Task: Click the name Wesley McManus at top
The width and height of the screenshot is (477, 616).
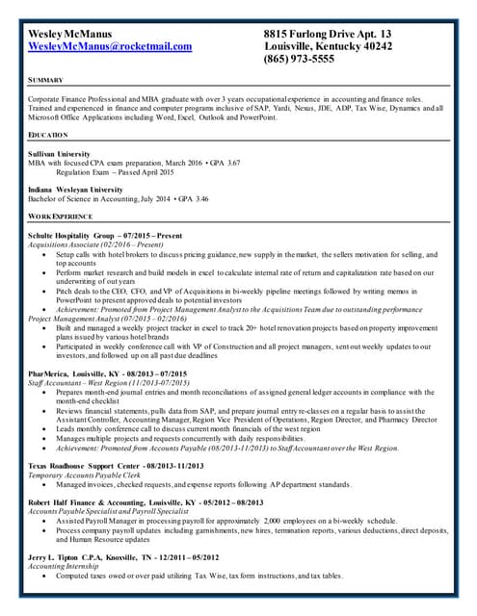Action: (70, 33)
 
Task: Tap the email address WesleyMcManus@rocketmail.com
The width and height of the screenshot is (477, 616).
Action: (110, 46)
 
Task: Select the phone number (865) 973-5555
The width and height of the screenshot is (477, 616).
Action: (299, 59)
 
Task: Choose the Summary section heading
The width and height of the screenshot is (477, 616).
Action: (46, 80)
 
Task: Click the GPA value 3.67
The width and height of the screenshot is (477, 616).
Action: (230, 164)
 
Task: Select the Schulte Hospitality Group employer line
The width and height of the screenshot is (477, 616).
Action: (105, 236)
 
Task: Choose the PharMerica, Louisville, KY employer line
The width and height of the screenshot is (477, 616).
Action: (107, 372)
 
